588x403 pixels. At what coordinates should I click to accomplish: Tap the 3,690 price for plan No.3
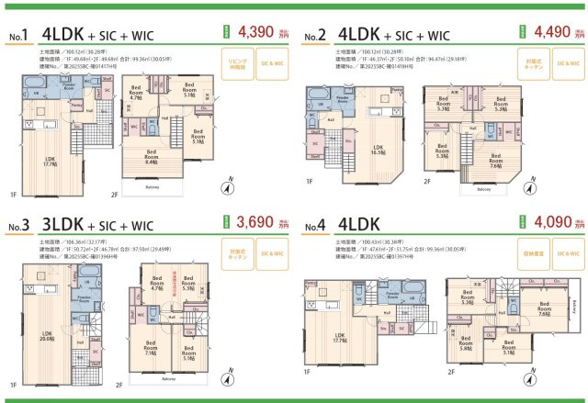point(254,221)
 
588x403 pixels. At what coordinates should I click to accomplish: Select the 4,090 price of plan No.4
point(548,221)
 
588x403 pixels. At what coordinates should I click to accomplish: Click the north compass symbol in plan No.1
point(224,188)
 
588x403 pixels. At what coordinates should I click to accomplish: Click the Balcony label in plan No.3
point(168,378)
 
